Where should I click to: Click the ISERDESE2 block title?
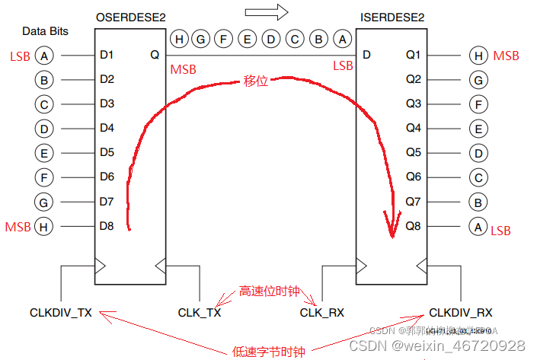click(x=393, y=18)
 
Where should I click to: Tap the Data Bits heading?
click(x=45, y=31)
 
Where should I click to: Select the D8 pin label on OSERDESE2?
click(x=107, y=226)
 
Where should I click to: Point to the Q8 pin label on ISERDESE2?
click(x=413, y=226)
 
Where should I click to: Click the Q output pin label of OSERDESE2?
click(x=155, y=55)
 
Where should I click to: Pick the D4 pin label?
click(x=107, y=128)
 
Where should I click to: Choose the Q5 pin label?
click(x=413, y=152)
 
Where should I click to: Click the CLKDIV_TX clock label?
click(x=61, y=313)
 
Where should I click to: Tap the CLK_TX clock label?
click(x=200, y=313)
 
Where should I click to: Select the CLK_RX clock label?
click(x=322, y=313)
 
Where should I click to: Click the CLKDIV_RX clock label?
click(x=461, y=313)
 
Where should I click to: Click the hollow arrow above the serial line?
click(x=267, y=11)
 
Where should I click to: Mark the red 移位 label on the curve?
click(x=256, y=81)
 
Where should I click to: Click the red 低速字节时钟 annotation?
click(x=268, y=352)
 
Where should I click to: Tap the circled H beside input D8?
click(x=45, y=226)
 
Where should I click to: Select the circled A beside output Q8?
click(x=478, y=226)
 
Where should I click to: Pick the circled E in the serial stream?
click(x=247, y=38)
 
